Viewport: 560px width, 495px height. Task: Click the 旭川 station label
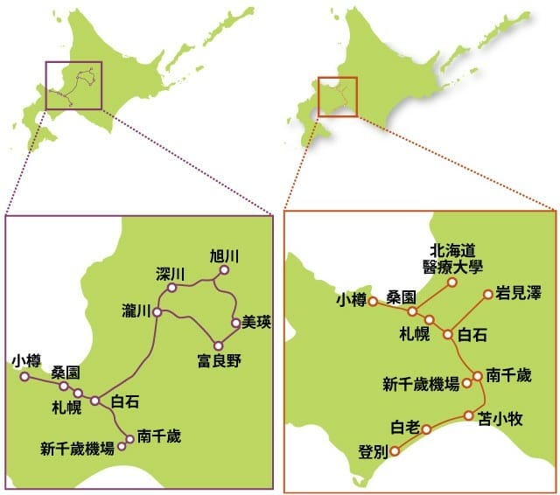coord(225,256)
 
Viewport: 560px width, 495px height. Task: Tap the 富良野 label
coord(219,359)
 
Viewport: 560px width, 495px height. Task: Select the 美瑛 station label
coord(256,322)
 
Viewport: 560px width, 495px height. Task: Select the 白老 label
coord(406,428)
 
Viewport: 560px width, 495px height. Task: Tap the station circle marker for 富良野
coord(215,344)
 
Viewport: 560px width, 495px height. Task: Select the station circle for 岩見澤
coord(488,295)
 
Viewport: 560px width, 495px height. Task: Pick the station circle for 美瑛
coord(235,323)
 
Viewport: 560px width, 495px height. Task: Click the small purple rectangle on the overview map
coord(73,84)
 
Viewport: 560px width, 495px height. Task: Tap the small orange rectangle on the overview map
coord(338,96)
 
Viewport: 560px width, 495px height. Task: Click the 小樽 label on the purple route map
coord(26,360)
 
